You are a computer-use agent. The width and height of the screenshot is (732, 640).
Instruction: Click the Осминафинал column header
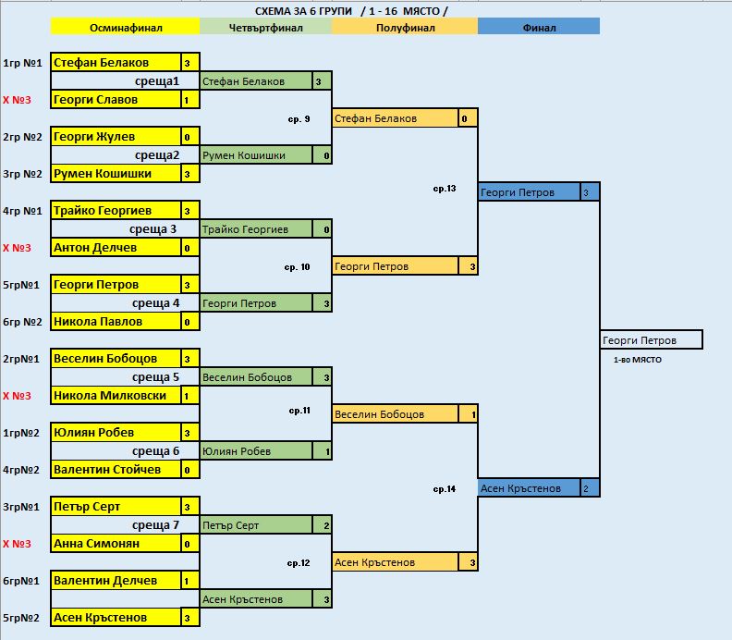coord(125,28)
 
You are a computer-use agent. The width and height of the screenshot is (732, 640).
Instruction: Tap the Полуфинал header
coord(404,28)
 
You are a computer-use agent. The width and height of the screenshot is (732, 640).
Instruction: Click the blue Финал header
coord(539,28)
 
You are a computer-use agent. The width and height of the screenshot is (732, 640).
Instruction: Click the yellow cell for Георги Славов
coord(115,100)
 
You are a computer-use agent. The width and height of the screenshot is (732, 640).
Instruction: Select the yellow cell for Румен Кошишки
coord(115,174)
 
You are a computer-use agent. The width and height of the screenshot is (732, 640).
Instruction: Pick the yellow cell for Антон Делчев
coord(115,248)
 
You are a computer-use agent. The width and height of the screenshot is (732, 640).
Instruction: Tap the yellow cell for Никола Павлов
coord(115,322)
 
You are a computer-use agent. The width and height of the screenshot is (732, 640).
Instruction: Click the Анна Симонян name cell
coord(115,544)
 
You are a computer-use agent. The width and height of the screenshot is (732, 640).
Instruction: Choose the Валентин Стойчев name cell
coord(115,470)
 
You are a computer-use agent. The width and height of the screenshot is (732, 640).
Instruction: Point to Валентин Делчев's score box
coord(188,581)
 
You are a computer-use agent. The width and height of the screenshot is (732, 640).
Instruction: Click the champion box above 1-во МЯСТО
coord(651,340)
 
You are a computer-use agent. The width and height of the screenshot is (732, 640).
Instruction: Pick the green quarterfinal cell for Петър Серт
coord(256,525)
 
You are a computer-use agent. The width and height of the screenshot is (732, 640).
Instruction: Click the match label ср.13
coord(445,189)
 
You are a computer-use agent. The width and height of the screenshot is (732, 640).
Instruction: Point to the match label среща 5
coord(155,377)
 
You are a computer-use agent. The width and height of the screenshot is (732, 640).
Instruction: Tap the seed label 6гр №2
coord(22,322)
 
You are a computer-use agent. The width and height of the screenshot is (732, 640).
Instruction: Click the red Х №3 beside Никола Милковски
coord(18,396)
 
